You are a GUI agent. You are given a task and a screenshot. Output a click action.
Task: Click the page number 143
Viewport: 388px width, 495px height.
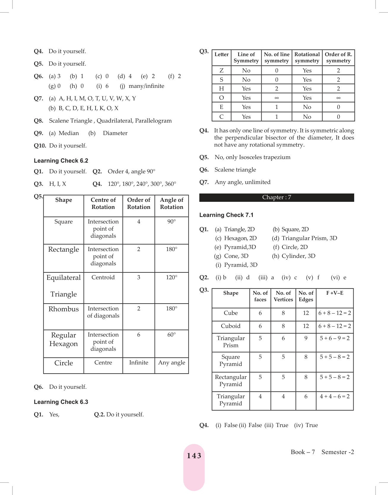coord(194,456)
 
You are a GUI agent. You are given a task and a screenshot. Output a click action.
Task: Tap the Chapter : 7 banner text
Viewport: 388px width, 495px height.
coord(276,197)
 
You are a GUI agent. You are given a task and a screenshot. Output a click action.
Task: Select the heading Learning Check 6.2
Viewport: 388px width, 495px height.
coord(61,161)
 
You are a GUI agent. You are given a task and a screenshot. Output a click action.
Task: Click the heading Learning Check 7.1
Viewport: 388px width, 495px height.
coord(226,215)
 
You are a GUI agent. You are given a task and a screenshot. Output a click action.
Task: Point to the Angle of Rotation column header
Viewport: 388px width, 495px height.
coord(171,204)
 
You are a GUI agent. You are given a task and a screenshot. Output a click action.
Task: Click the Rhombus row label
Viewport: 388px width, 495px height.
coord(63,309)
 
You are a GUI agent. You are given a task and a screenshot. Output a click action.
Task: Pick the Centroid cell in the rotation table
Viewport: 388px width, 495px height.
coord(103,277)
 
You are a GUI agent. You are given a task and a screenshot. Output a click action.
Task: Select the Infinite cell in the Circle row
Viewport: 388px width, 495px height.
coord(139,363)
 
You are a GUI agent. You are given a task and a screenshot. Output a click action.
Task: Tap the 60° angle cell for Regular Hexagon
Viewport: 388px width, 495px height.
coord(171,335)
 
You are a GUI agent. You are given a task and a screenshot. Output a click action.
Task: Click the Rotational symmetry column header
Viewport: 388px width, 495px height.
coord(307,58)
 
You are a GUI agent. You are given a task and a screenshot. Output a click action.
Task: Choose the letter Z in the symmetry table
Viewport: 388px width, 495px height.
coord(221,71)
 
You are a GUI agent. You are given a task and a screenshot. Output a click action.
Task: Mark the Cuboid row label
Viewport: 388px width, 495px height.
coord(230,326)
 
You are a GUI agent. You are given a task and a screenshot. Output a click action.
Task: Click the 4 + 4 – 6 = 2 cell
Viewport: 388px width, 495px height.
coord(335,396)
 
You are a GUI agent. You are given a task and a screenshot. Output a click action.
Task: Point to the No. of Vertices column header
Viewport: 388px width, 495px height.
coord(283,296)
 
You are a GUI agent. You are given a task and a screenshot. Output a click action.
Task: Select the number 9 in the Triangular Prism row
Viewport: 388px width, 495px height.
coord(306,338)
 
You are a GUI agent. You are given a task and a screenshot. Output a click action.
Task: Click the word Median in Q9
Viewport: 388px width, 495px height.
coord(69,133)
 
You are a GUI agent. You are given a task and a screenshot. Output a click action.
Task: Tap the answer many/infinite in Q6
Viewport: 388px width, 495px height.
coord(146,86)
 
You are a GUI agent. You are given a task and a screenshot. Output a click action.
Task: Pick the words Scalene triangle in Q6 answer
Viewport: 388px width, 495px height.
coord(235,170)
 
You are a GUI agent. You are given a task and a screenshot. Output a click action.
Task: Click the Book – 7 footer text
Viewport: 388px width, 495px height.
coord(303,452)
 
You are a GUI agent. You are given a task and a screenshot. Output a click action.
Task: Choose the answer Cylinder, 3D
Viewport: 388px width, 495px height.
coord(298,256)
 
